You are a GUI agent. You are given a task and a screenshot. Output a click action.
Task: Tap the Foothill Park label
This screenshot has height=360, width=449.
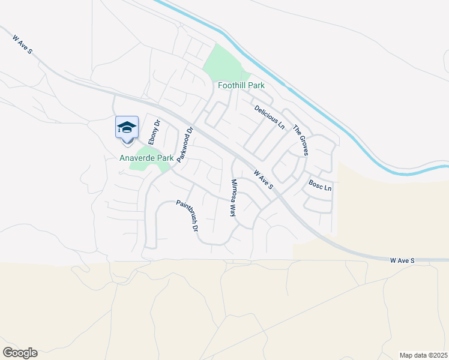click(x=241, y=86)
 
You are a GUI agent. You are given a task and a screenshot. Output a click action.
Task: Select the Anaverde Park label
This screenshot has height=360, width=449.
click(x=146, y=158)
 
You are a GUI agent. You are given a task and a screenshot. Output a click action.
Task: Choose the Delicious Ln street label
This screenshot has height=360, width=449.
click(x=269, y=118)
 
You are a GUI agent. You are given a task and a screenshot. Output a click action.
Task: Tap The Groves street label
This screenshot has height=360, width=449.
click(x=301, y=140)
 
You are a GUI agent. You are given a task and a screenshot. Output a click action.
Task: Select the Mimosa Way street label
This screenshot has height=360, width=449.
click(x=234, y=197)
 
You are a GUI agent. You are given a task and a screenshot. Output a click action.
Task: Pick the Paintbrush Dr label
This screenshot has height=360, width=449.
click(x=187, y=216)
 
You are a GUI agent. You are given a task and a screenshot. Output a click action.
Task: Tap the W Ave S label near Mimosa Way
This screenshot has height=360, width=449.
click(x=264, y=179)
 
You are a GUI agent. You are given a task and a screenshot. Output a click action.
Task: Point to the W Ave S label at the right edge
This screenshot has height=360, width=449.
click(x=403, y=261)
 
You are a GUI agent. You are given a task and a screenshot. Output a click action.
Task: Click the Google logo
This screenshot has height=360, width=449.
click(x=20, y=353)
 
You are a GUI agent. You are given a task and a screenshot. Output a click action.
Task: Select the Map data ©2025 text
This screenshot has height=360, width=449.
click(x=423, y=355)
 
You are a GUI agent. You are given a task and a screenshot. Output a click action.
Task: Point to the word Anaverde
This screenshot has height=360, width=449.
click(x=137, y=158)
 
